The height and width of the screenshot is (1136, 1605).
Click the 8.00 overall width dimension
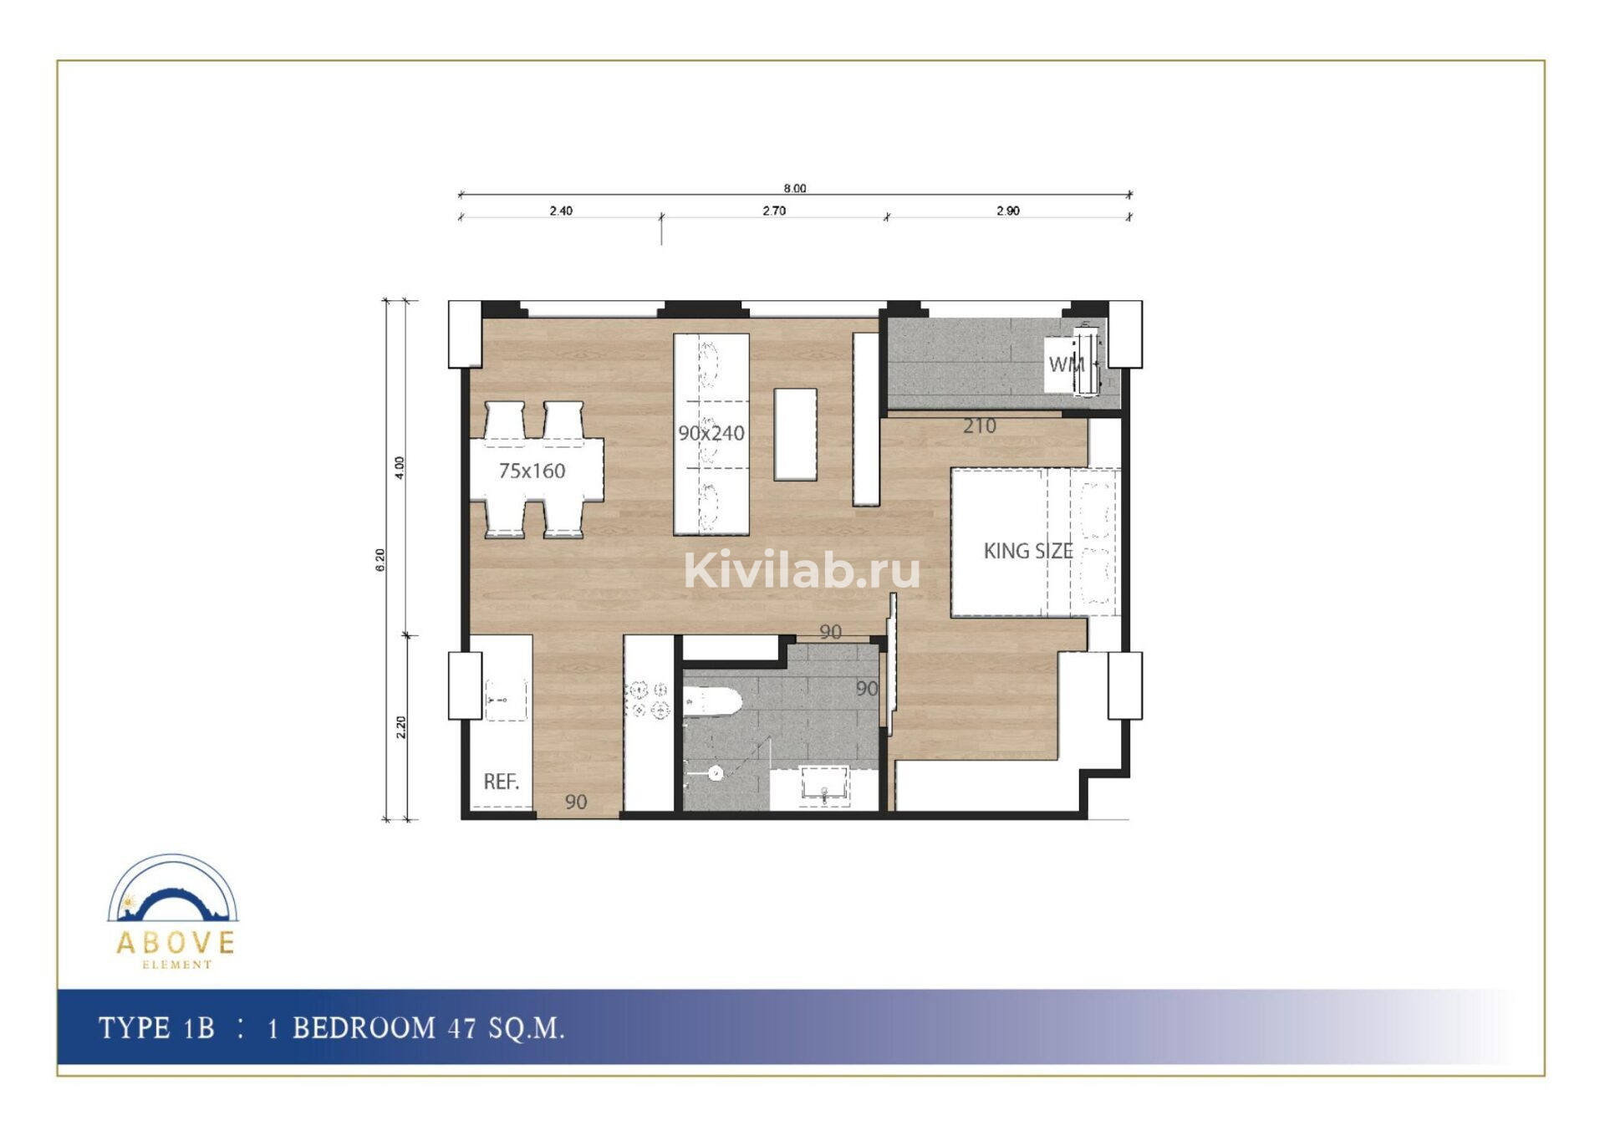[795, 188]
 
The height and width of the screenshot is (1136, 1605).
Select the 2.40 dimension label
[561, 211]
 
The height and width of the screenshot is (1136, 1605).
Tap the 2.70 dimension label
[774, 211]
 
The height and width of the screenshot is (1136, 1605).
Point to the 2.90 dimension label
[1008, 211]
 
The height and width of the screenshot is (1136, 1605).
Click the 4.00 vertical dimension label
[400, 467]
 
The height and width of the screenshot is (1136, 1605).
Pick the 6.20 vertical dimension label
[380, 559]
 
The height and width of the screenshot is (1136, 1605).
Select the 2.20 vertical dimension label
[400, 727]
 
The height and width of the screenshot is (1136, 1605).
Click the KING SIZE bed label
[1028, 551]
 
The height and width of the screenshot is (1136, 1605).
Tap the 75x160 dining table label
[532, 471]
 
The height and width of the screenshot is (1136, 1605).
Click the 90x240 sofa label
[711, 433]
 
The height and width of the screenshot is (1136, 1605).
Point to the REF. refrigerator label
[502, 782]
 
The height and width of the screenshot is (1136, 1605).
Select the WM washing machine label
[1067, 364]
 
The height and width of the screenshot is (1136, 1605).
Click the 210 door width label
[979, 426]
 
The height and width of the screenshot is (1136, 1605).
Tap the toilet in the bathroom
[712, 702]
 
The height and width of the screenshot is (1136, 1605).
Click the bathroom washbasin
[824, 787]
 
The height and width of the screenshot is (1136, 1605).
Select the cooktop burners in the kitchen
[649, 700]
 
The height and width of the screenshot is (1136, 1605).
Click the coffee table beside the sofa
[795, 434]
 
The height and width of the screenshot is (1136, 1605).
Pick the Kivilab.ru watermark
[802, 570]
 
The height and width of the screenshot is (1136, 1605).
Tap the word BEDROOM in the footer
[364, 1027]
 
